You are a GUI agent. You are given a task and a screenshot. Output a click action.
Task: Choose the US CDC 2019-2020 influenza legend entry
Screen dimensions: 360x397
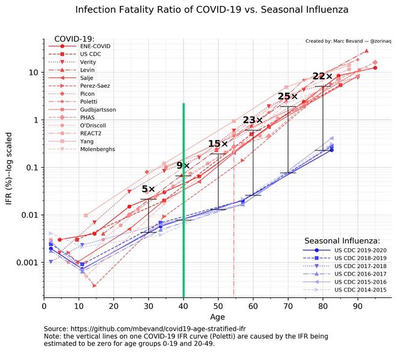coord(360,249)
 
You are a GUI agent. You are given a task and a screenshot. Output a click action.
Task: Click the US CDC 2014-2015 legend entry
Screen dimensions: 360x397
coord(360,290)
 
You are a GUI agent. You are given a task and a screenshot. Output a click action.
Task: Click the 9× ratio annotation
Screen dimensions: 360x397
coord(183,166)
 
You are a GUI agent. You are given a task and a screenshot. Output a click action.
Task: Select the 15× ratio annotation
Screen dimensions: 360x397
coord(218,144)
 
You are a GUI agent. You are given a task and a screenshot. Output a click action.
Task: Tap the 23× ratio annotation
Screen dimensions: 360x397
coord(253,120)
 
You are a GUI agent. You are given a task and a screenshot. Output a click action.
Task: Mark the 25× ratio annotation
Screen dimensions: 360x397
coord(288,96)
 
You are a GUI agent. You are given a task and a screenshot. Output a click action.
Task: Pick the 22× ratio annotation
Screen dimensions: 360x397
coord(322,76)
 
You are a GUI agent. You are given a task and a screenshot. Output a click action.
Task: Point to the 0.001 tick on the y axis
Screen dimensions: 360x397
coord(28,263)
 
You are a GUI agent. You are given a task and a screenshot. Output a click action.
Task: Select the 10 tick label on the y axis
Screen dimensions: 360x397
coord(34,72)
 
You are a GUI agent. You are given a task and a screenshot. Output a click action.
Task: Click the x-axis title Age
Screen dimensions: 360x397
coord(218,317)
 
